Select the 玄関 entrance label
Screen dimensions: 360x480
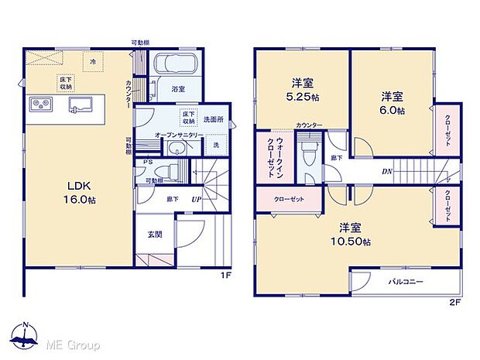155,235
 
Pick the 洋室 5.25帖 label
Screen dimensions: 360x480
302,91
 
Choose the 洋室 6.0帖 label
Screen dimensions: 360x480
391,104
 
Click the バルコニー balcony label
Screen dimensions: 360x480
405,282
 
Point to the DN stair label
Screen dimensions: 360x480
386,172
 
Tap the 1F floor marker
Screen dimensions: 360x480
225,273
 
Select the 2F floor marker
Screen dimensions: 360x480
455,302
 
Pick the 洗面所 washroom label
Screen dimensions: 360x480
213,119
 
